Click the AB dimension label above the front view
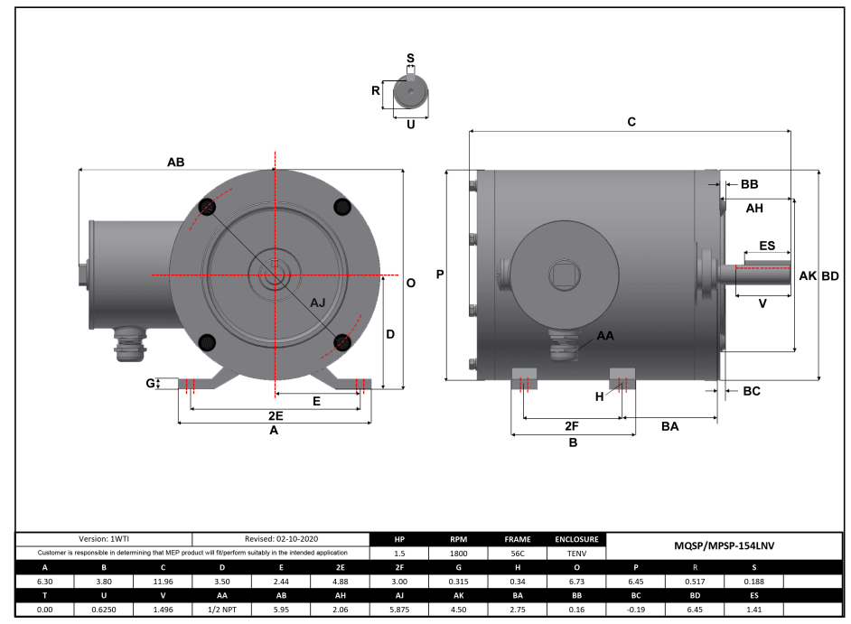(x=175, y=163)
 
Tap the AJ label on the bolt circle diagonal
(x=318, y=303)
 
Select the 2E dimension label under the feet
(x=276, y=416)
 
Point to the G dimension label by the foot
(x=151, y=384)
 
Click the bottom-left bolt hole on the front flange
(x=207, y=341)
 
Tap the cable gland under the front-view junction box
(x=124, y=343)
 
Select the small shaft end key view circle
(x=411, y=93)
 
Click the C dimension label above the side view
(x=631, y=121)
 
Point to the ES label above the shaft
(x=766, y=246)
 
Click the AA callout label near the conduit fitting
(x=605, y=335)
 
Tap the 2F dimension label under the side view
(x=571, y=425)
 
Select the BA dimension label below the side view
(x=669, y=425)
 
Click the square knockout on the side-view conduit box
(x=565, y=272)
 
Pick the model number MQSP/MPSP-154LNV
(x=725, y=545)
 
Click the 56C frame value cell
(x=518, y=553)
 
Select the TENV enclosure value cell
(x=576, y=553)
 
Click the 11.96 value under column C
(x=163, y=582)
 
